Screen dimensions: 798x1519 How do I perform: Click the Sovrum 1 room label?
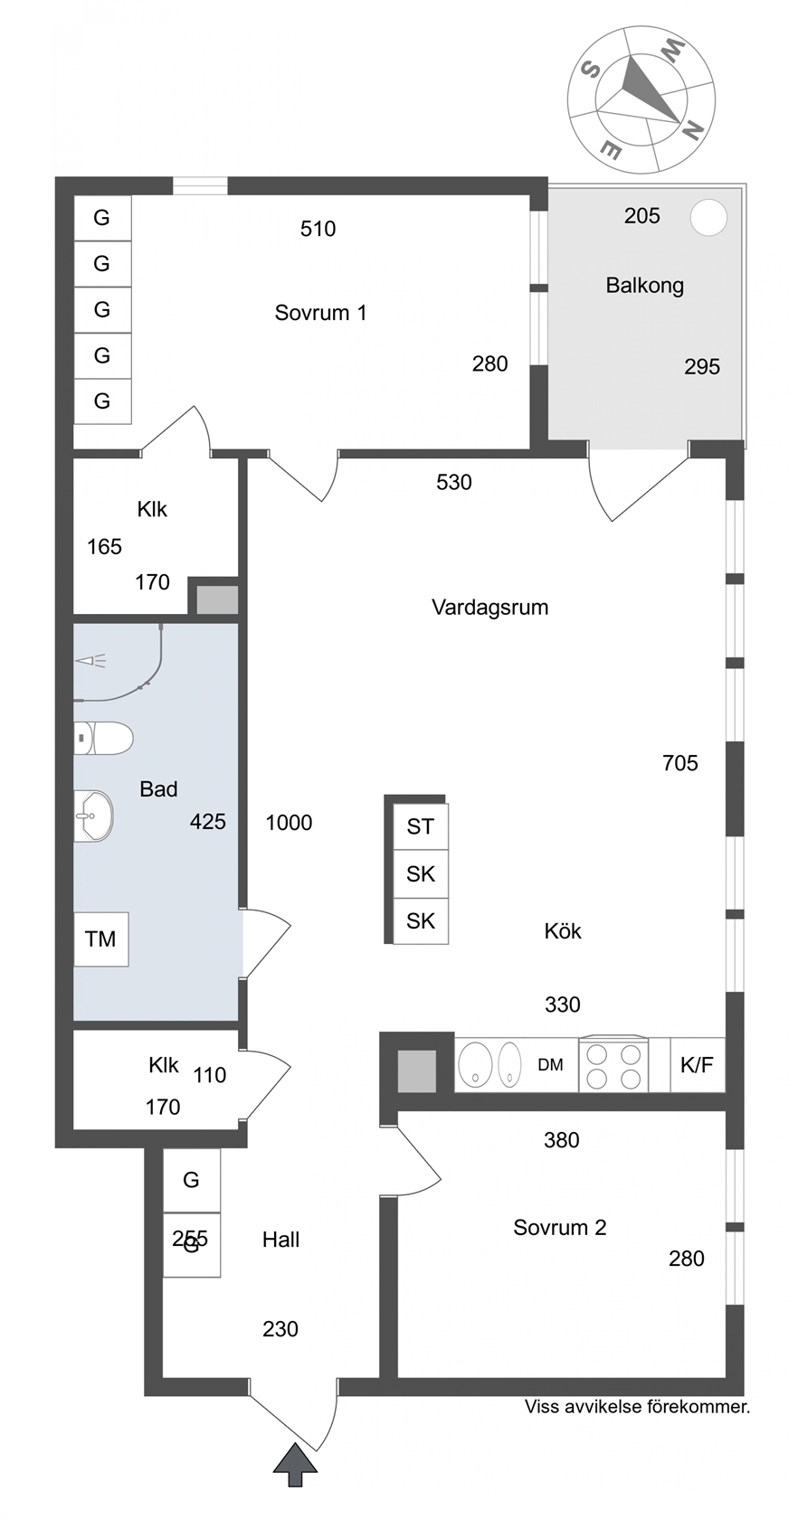320,313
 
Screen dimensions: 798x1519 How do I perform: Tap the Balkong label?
644,286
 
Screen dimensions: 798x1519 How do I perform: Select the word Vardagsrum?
490,607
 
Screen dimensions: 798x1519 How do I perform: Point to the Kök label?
563,930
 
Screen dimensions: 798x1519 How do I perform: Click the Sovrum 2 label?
560,1228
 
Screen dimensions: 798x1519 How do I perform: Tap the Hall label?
280,1240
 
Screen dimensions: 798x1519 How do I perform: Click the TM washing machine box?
101,939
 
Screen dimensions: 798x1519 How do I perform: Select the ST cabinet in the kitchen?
421,826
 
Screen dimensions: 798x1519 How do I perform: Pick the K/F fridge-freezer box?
697,1065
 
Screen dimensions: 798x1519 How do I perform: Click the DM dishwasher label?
550,1065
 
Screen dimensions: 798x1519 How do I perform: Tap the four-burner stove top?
613,1065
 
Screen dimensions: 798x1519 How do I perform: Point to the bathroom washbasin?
93,816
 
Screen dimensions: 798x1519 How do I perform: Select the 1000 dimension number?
290,823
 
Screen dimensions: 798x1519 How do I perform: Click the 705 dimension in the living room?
680,763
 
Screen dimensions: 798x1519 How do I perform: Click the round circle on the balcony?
708,218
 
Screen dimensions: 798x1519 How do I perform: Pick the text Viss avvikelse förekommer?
637,1407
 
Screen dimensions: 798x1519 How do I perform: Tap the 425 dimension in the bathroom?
208,821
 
